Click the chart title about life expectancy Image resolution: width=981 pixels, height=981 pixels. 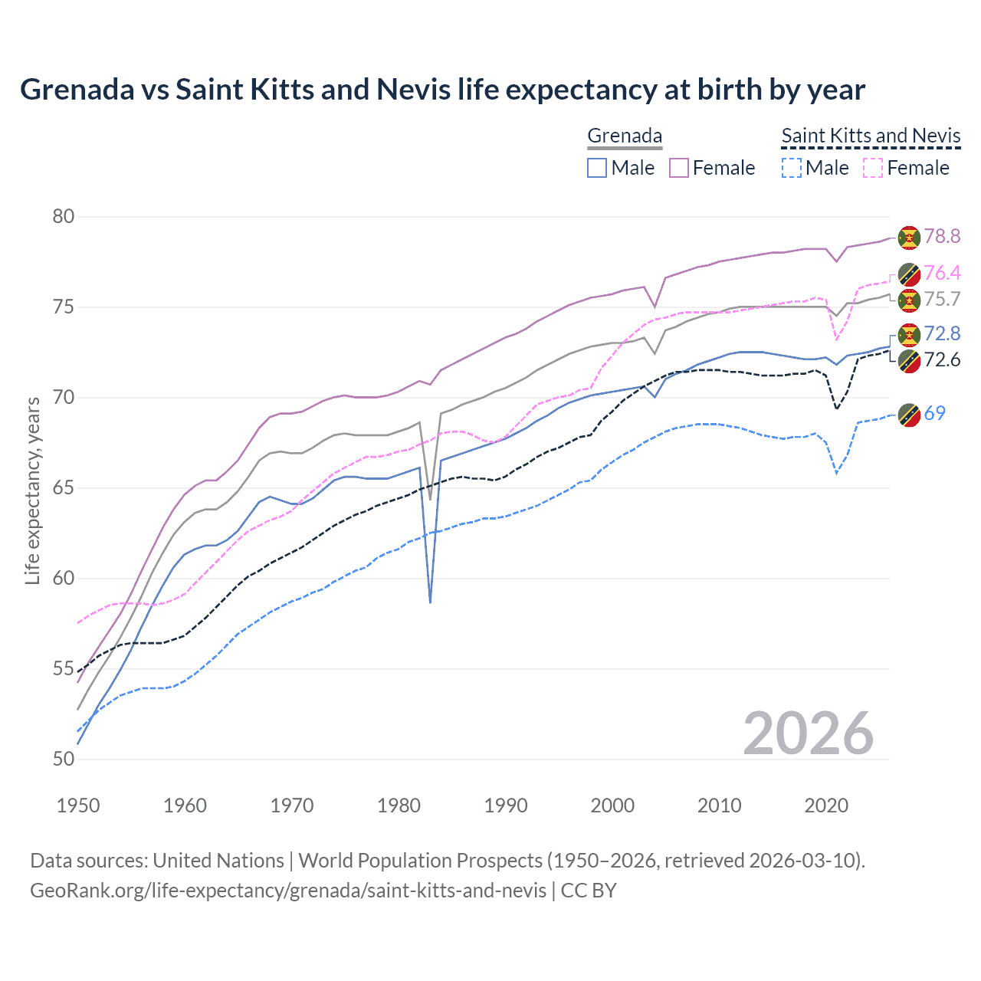click(x=442, y=90)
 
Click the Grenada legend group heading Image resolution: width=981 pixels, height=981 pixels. click(x=625, y=136)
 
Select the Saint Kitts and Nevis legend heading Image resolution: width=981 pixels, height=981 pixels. click(x=871, y=136)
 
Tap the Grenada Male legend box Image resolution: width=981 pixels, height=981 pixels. click(x=597, y=168)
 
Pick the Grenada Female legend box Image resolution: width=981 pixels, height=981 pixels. click(x=679, y=168)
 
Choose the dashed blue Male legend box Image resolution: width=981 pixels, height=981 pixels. click(x=792, y=168)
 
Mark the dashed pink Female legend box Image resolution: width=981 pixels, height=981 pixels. click(x=874, y=168)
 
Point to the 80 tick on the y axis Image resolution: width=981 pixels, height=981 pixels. click(x=64, y=217)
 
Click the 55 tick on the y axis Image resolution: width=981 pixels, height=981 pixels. click(x=64, y=669)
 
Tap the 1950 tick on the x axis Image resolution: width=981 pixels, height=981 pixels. click(x=78, y=805)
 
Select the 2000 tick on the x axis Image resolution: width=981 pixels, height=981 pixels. click(x=612, y=805)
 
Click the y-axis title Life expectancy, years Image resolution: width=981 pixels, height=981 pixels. click(x=32, y=490)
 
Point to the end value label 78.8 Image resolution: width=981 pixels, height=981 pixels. click(x=942, y=237)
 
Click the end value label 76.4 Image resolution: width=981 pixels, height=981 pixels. click(x=942, y=274)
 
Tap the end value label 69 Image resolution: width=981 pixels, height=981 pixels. click(x=934, y=414)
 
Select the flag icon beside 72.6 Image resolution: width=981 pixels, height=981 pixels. click(x=909, y=361)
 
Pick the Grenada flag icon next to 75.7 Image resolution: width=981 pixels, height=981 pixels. click(x=909, y=300)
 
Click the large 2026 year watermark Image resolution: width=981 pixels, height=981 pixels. click(x=808, y=733)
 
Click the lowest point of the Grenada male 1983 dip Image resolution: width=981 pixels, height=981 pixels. click(x=430, y=602)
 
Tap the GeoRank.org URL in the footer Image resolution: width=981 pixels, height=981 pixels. click(x=287, y=891)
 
